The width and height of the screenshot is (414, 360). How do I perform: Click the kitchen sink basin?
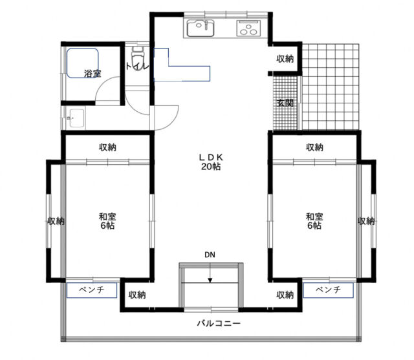tap(201, 28)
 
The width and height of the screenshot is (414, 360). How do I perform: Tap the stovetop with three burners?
tap(248, 28)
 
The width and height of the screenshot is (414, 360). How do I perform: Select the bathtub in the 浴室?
tap(82, 63)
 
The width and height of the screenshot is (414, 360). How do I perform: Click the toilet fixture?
tap(137, 56)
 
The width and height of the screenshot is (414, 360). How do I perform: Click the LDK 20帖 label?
tap(211, 162)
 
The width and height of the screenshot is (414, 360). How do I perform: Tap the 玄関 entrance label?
tap(285, 103)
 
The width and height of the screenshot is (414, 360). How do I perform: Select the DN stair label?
tap(210, 255)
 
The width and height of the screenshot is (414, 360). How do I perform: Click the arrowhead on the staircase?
tap(210, 281)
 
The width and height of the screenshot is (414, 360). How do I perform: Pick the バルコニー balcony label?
tap(219, 323)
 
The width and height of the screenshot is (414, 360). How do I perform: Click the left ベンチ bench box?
tap(92, 290)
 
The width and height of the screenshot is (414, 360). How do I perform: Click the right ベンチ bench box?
tap(328, 290)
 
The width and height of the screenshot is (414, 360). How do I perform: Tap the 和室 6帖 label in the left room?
tap(107, 221)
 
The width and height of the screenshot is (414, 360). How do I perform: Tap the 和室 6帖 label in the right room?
tap(314, 221)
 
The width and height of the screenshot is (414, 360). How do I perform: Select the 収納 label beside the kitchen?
tap(285, 59)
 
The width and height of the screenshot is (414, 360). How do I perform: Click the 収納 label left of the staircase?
tap(137, 295)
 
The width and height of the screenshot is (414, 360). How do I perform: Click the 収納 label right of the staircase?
tap(285, 295)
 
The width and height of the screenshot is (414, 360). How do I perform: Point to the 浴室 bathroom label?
tap(93, 74)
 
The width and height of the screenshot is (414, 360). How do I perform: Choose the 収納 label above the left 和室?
tap(107, 147)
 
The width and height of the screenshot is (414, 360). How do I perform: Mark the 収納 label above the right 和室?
tap(314, 147)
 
